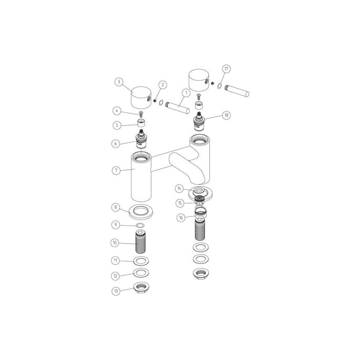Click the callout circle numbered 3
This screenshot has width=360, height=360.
(118, 81)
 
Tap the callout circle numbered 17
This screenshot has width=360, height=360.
(226, 68)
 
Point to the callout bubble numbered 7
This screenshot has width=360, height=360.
(117, 170)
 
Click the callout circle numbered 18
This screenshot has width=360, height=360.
(226, 116)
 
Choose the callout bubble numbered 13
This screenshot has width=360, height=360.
(117, 291)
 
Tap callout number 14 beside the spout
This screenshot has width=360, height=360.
(179, 188)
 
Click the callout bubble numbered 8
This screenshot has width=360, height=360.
(117, 207)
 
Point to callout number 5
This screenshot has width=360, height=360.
(117, 124)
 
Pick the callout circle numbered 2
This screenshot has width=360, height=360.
(163, 84)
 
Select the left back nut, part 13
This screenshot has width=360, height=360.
(141, 287)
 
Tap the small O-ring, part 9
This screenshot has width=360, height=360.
(140, 225)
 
